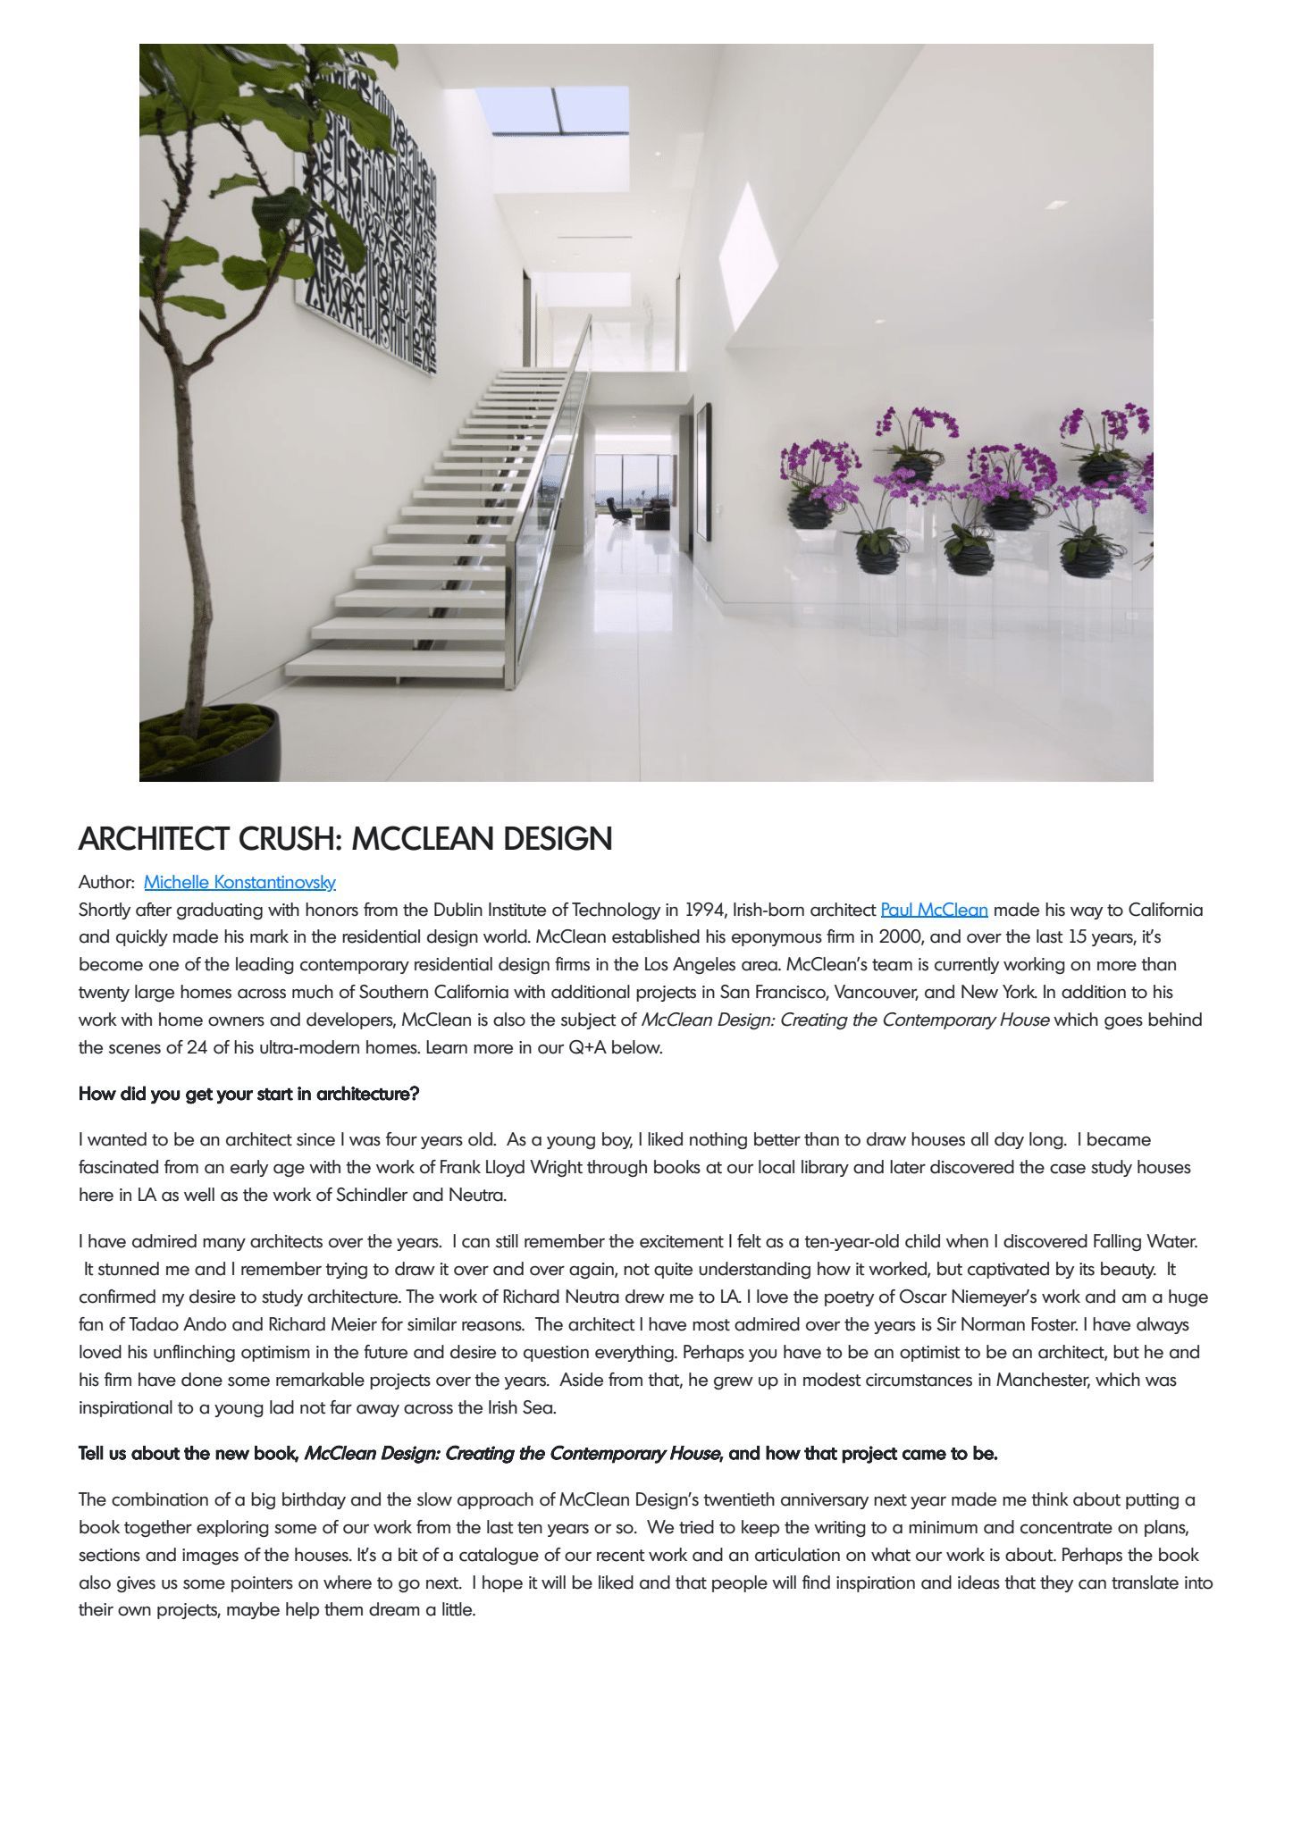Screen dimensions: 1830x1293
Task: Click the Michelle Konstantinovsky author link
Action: click(x=239, y=882)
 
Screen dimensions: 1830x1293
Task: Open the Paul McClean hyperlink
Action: click(x=934, y=910)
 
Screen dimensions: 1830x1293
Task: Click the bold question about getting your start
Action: click(x=248, y=1094)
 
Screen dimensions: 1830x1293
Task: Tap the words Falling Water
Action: click(x=1145, y=1241)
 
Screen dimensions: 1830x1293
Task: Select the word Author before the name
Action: click(x=105, y=882)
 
